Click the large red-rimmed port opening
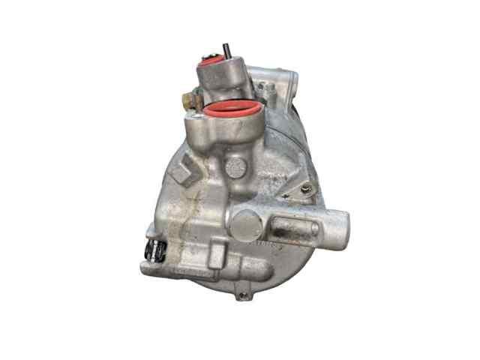233,110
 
